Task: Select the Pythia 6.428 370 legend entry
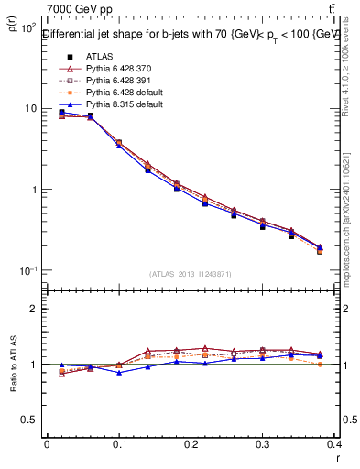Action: pos(110,69)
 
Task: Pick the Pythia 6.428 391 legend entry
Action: pos(110,81)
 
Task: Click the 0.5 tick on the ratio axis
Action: pos(28,420)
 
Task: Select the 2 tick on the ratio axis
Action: pos(32,309)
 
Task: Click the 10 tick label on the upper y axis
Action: pos(27,108)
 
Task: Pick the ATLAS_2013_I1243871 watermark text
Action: pos(191,274)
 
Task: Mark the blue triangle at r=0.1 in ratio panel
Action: pos(118,372)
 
